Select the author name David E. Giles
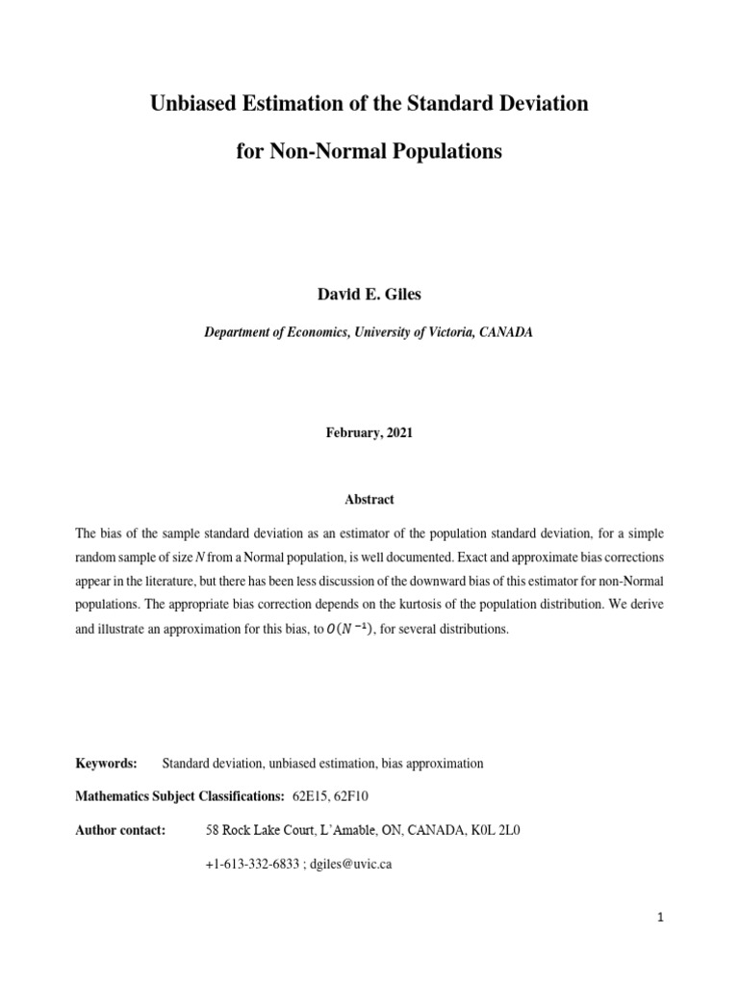point(369,294)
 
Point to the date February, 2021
point(369,433)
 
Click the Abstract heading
point(369,500)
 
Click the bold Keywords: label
point(107,764)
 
